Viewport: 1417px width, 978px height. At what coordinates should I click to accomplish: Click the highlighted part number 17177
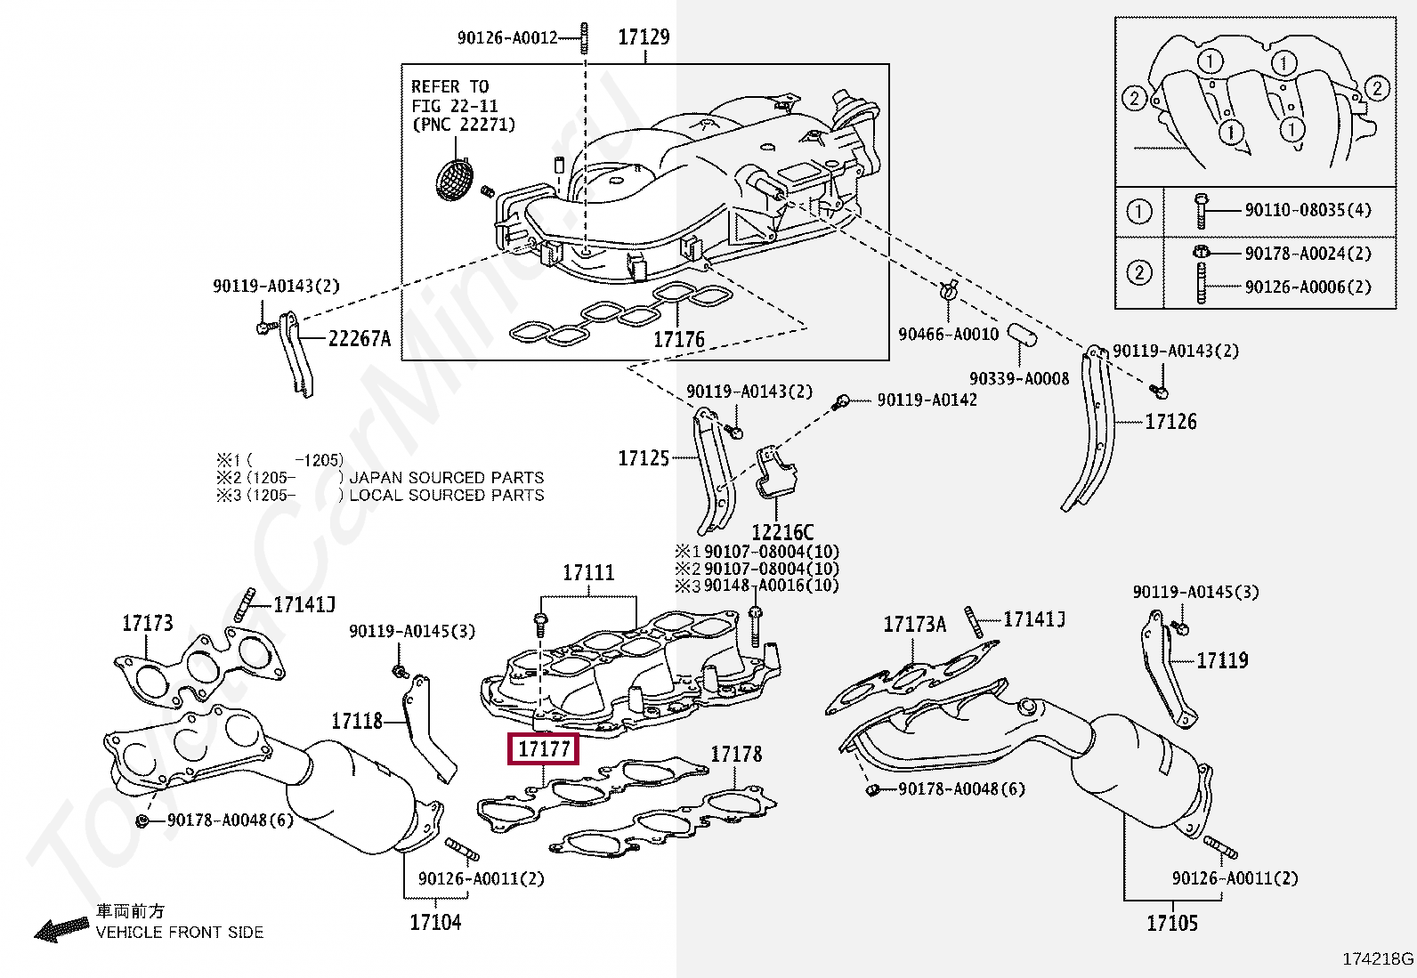coord(543,749)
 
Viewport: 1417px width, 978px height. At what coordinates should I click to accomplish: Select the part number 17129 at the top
coord(644,37)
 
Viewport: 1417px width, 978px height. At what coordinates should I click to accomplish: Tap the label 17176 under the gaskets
coord(678,340)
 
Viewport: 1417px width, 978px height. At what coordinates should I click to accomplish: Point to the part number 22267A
coord(360,338)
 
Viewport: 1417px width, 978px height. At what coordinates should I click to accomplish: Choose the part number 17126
coord(1170,422)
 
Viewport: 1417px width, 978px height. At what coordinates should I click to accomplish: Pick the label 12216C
coord(782,532)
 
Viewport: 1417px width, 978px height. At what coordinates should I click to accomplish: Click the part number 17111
coord(588,573)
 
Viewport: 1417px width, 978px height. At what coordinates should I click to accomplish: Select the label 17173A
coord(914,625)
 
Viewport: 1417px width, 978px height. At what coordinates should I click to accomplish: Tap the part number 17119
coord(1222,660)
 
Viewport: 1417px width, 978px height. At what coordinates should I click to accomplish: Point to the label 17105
coord(1172,924)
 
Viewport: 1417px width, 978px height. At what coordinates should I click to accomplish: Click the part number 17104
coord(435,922)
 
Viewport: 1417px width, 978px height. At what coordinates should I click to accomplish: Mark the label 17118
coord(357,721)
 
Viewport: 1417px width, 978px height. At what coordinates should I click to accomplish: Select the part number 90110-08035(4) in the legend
coord(1308,210)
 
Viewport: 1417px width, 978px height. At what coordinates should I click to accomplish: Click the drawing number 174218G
coord(1378,959)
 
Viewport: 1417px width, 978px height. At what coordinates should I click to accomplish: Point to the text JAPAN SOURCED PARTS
coord(446,478)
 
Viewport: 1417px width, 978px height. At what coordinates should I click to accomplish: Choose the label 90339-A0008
coord(1019,379)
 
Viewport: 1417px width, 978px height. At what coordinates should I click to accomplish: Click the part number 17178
coord(736,755)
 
